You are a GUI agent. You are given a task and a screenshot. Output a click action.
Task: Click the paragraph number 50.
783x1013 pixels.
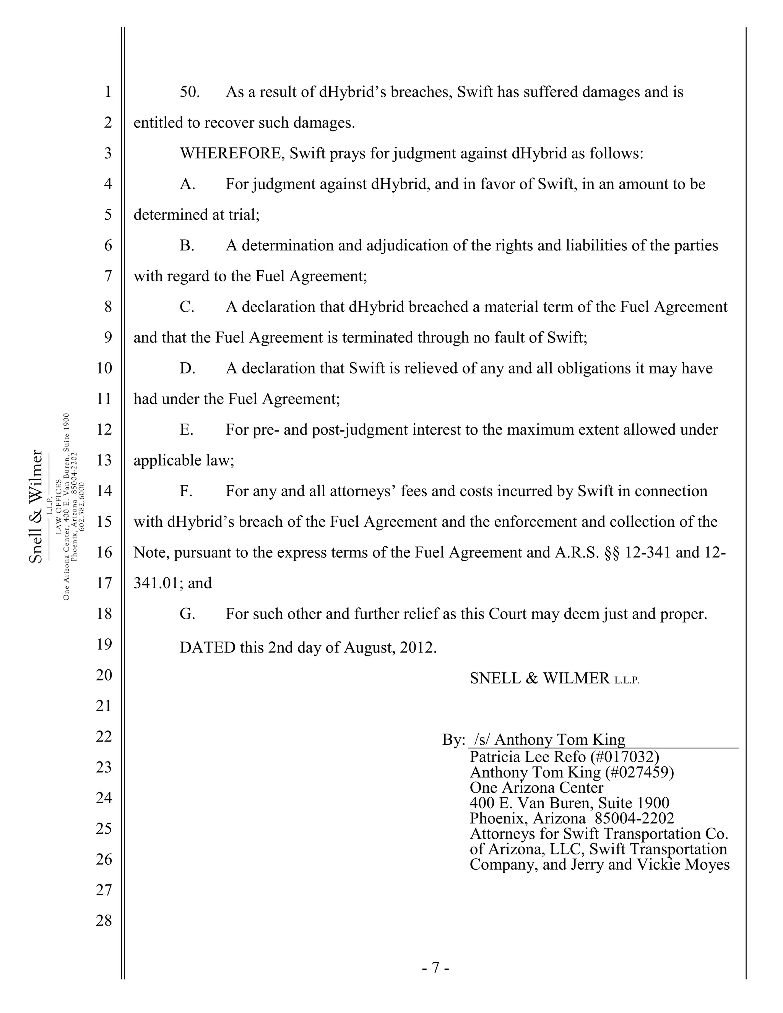tap(189, 92)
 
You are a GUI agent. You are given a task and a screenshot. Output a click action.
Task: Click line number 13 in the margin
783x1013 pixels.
tap(104, 461)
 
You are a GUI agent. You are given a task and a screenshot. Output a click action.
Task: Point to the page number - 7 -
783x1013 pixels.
tap(435, 968)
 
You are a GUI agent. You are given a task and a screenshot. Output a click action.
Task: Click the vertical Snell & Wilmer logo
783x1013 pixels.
tap(36, 506)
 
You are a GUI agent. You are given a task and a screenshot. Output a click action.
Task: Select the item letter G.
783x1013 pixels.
tap(187, 614)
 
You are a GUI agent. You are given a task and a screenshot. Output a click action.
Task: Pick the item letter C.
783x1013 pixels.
tap(187, 307)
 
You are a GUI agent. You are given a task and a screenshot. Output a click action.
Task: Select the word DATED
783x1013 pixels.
tap(208, 648)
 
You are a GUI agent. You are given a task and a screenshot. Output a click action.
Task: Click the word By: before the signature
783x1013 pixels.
tap(453, 740)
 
